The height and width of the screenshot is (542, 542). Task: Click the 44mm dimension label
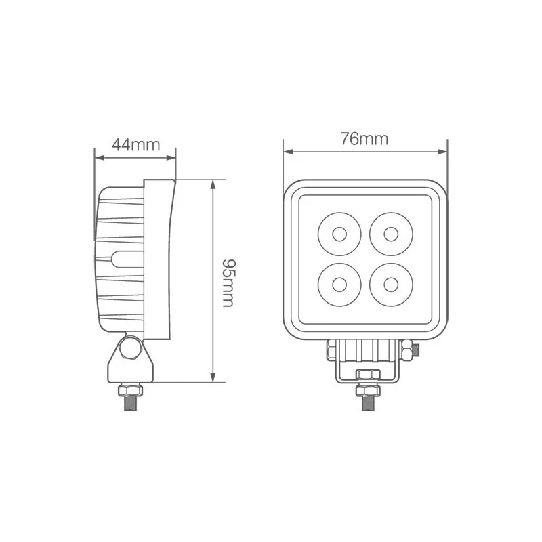pos(135,144)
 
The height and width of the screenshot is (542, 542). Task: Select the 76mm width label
pos(364,139)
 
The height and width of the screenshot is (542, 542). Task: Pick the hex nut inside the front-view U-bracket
pos(366,375)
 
